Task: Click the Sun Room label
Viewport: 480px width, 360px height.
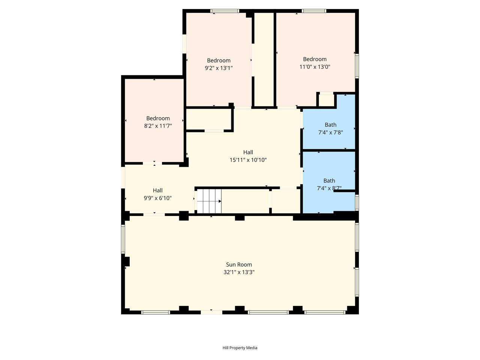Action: tap(239, 264)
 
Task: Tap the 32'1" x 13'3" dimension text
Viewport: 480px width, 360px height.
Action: tap(239, 272)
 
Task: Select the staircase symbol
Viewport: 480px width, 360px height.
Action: tap(209, 201)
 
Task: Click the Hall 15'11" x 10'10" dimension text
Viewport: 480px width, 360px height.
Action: tap(248, 160)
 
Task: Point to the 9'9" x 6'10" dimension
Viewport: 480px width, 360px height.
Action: tap(157, 198)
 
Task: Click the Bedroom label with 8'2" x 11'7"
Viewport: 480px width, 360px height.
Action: tap(158, 118)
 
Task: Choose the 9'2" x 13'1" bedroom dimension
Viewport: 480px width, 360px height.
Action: tap(219, 68)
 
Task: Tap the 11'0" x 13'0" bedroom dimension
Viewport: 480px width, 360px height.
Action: tap(315, 67)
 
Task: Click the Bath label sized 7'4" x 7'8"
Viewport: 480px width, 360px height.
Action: tap(330, 125)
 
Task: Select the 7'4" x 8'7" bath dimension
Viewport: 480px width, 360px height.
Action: tap(329, 188)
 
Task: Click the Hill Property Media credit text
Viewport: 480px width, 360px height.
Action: tap(240, 348)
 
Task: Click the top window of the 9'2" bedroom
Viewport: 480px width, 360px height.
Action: tap(225, 11)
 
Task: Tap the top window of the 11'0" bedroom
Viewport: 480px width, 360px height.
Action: tap(314, 11)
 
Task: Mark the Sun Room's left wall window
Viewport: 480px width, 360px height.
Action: tap(123, 239)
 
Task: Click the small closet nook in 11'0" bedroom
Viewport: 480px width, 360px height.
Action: tap(326, 100)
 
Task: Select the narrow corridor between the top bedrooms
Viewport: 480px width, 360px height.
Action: tap(264, 60)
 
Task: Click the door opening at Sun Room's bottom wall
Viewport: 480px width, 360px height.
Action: tap(211, 312)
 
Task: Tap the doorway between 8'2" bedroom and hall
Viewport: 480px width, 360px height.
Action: tap(152, 163)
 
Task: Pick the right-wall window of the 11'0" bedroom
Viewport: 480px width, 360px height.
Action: tap(357, 66)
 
